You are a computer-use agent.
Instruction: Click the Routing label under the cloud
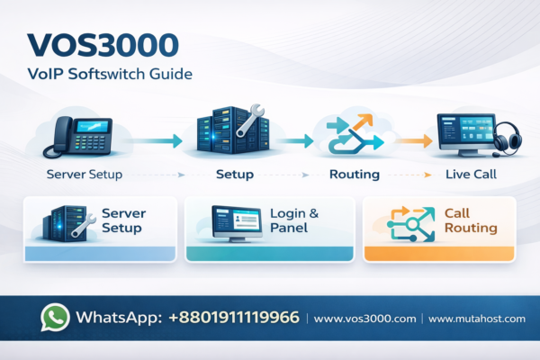pyautogui.click(x=353, y=174)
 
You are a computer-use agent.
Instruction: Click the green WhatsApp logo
pyautogui.click(x=56, y=318)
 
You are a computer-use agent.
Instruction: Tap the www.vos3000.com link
pyautogui.click(x=366, y=319)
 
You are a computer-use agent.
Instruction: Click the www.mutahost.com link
pyautogui.click(x=476, y=319)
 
